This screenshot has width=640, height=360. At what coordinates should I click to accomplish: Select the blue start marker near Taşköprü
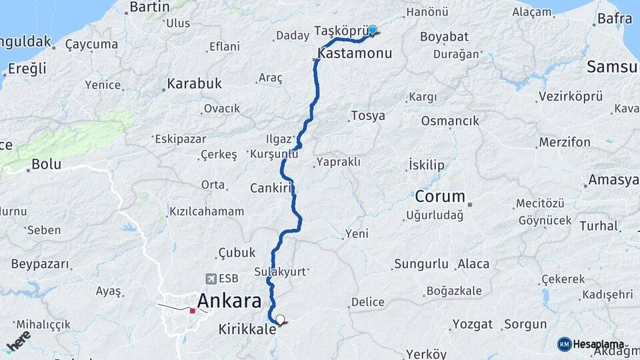tap(373, 30)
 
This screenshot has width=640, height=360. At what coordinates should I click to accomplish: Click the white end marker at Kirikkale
tap(280, 320)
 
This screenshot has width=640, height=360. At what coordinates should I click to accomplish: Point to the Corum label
tap(439, 197)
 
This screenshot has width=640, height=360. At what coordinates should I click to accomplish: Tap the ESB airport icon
tap(211, 279)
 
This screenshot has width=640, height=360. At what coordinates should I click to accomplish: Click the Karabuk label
tap(194, 84)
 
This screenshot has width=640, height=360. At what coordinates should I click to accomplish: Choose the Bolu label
tap(46, 163)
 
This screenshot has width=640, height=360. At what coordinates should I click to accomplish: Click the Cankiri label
tap(272, 188)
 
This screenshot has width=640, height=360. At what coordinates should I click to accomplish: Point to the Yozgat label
tap(472, 325)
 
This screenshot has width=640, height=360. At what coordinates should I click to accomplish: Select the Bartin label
tap(150, 7)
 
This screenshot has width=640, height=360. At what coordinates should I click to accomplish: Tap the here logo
tap(18, 341)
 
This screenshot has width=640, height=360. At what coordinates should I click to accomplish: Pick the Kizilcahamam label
tap(207, 211)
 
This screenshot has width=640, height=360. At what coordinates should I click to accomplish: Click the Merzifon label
tap(565, 142)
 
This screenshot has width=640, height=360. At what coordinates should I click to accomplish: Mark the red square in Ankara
tap(193, 310)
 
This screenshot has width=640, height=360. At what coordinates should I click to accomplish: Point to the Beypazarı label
tap(41, 264)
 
